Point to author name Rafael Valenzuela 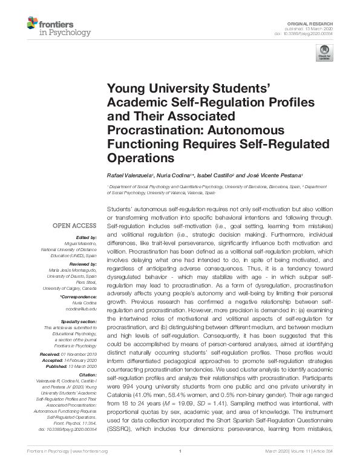pyautogui.click(x=131, y=174)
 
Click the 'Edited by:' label pyautogui.click(x=87, y=238)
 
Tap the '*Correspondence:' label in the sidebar pyautogui.click(x=79, y=298)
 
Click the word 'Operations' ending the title pyautogui.click(x=139, y=158)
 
